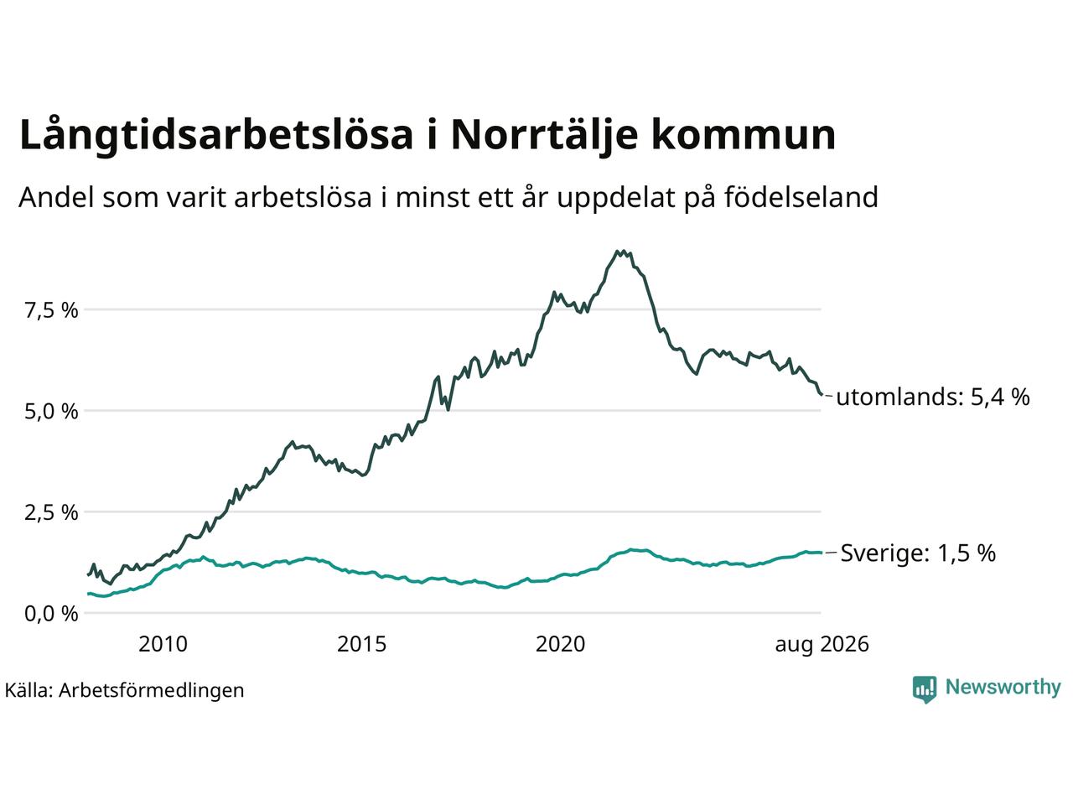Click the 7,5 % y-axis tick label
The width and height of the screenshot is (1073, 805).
pyautogui.click(x=51, y=311)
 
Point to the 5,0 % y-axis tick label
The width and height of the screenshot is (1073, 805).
pyautogui.click(x=51, y=412)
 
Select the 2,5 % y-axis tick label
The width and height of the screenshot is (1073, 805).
pyautogui.click(x=51, y=513)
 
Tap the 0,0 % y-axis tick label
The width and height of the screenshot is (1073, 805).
pyautogui.click(x=51, y=615)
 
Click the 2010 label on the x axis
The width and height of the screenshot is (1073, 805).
pyautogui.click(x=163, y=644)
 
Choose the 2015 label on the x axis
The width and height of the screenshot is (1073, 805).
pyautogui.click(x=362, y=644)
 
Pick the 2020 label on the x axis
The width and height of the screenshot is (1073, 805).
pyautogui.click(x=560, y=644)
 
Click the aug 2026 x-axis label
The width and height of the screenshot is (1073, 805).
pyautogui.click(x=822, y=645)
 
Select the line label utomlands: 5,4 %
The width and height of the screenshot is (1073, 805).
pyautogui.click(x=933, y=397)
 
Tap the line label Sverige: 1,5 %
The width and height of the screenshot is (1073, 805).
pyautogui.click(x=918, y=553)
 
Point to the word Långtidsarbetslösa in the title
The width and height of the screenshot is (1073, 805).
pyautogui.click(x=216, y=135)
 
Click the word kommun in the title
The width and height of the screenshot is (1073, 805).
pyautogui.click(x=743, y=135)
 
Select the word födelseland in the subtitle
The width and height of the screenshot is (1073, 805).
pyautogui.click(x=801, y=197)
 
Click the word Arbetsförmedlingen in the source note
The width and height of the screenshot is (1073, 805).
pyautogui.click(x=152, y=691)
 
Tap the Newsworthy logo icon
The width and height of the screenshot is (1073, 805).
pyautogui.click(x=925, y=689)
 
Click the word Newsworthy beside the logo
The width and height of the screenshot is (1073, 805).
pyautogui.click(x=1003, y=688)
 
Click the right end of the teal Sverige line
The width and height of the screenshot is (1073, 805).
pyautogui.click(x=822, y=553)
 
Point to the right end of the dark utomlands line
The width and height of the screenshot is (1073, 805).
pyautogui.click(x=822, y=394)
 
